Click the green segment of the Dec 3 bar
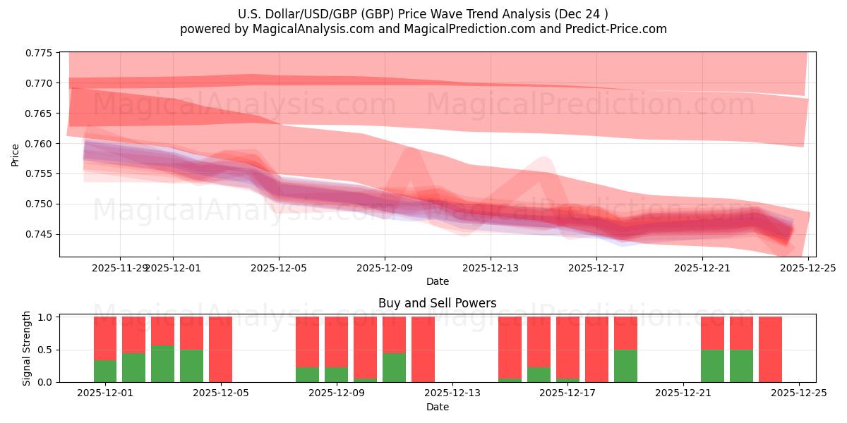tap(163, 364)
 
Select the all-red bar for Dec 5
tap(220, 349)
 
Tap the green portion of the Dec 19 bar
tap(625, 366)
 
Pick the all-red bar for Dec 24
tap(770, 349)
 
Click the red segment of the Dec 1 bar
tap(105, 338)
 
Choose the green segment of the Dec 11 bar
tap(394, 367)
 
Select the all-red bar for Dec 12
tap(423, 349)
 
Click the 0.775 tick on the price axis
tap(42, 53)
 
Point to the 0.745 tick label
tap(42, 234)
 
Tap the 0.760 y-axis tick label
tap(42, 144)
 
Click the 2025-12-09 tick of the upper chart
tap(385, 268)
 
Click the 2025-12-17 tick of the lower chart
tap(568, 393)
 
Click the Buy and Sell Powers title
tap(437, 304)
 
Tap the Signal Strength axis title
tap(27, 348)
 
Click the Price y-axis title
tap(16, 154)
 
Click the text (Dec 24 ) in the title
tap(582, 13)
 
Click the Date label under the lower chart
tap(437, 407)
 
